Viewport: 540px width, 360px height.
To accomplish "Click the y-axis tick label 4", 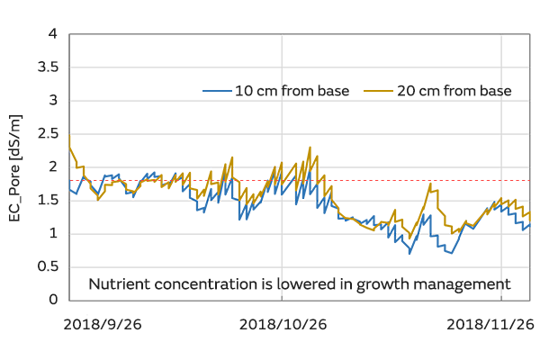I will click(x=52, y=34).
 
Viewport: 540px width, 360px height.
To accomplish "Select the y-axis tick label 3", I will click(x=52, y=101).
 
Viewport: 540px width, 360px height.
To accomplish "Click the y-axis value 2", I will click(x=52, y=167).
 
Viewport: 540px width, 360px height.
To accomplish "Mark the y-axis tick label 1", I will click(x=52, y=234).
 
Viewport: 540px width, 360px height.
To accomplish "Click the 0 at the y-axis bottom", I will click(x=52, y=300).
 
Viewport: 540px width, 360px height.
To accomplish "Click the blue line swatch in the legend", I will click(x=216, y=91).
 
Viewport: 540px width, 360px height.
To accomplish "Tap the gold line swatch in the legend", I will click(x=376, y=91).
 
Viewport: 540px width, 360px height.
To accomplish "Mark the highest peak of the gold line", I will click(x=310, y=148).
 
